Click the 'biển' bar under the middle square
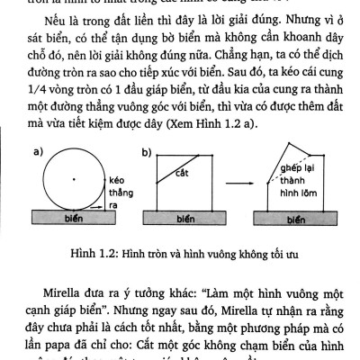pyautogui.click(x=186, y=219)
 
